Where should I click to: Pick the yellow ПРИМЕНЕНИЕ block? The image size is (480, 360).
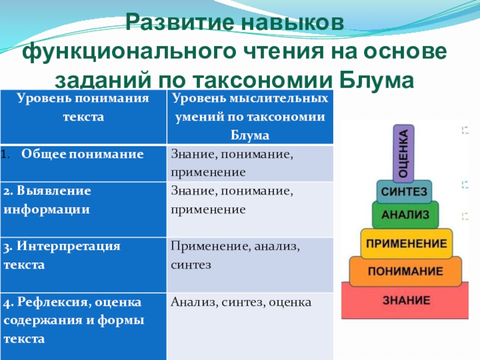[x=406, y=244]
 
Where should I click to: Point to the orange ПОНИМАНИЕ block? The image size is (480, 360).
[x=405, y=271]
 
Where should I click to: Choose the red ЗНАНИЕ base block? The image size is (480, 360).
[x=406, y=299]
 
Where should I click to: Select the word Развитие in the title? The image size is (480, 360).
[x=180, y=24]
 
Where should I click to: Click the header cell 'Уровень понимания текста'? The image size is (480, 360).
[x=83, y=108]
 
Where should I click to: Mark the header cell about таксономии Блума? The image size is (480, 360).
[x=249, y=116]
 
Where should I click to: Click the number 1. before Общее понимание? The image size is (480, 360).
[x=5, y=154]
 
